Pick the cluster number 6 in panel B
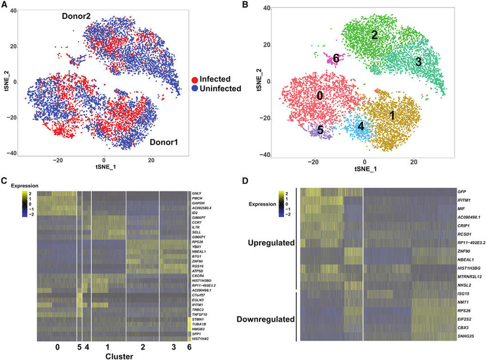coord(336,59)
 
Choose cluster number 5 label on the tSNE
coord(320,130)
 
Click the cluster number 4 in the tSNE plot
coord(361,126)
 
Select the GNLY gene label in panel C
coord(199,194)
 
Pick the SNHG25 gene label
coord(468,338)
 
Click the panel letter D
coord(246,182)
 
